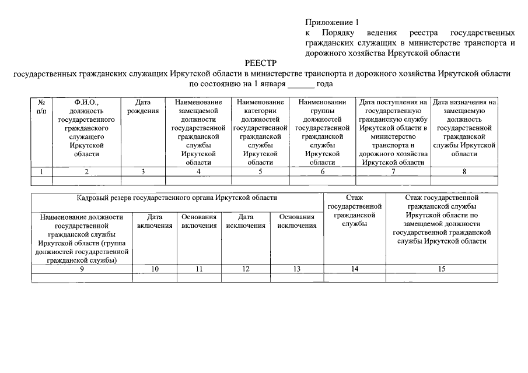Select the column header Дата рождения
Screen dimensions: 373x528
point(143,107)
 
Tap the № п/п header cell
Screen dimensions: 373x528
point(41,107)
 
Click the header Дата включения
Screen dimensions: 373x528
point(155,221)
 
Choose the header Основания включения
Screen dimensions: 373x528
point(199,221)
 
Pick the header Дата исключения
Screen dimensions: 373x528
point(245,221)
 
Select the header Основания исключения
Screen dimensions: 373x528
point(297,221)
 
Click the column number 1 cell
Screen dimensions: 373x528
point(41,171)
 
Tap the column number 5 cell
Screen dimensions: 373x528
point(260,171)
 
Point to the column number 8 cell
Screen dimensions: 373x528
point(464,171)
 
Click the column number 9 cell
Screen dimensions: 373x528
point(82,269)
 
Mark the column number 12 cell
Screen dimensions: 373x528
point(245,269)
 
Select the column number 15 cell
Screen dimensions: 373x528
point(441,269)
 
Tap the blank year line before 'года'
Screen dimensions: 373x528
point(301,84)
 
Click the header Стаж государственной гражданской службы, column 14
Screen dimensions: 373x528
point(355,210)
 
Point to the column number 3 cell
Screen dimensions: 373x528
point(143,171)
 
